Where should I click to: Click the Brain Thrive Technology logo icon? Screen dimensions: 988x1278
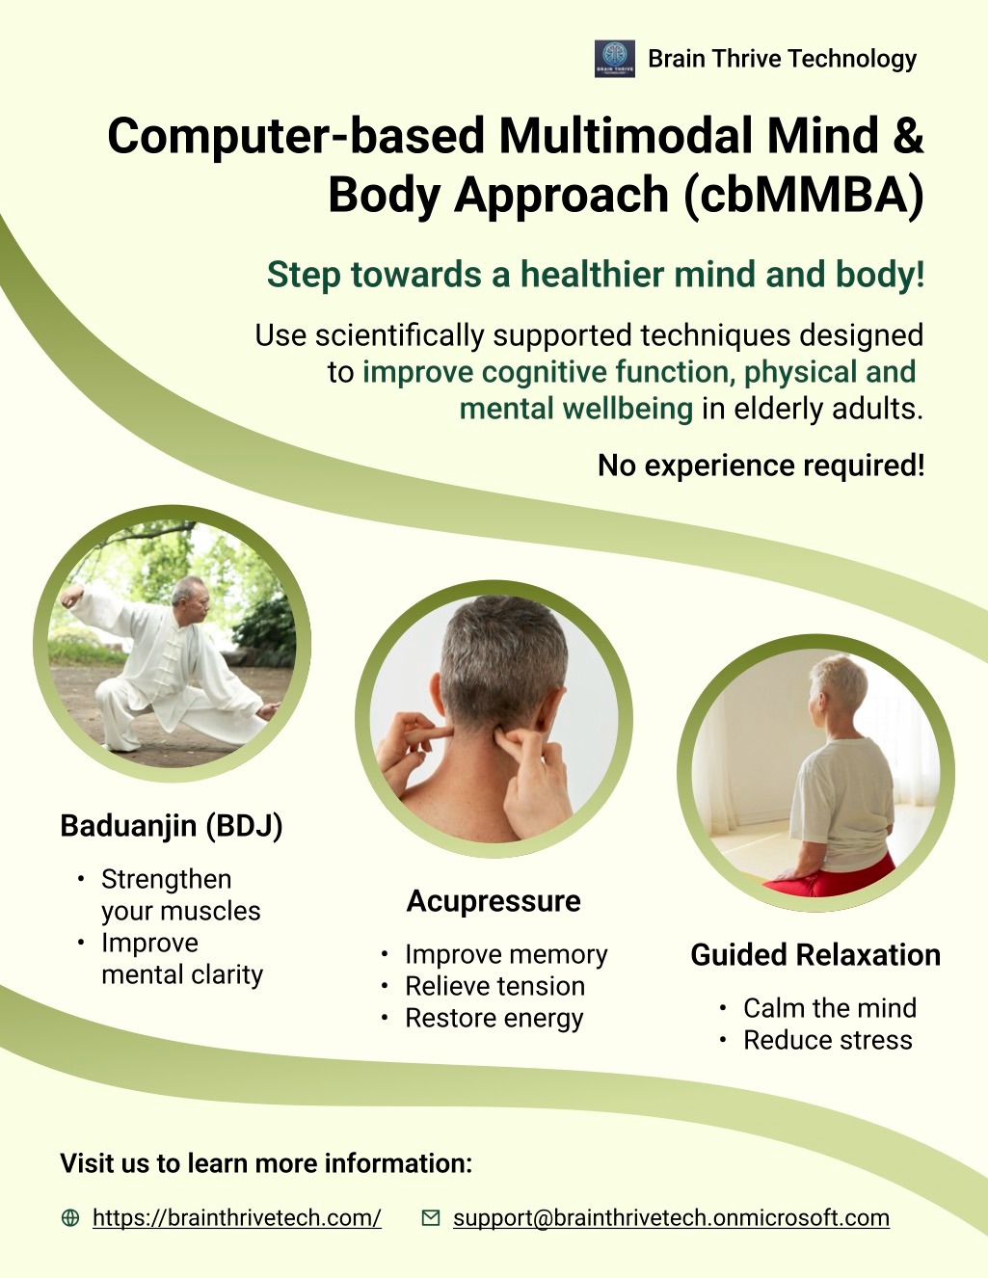[615, 59]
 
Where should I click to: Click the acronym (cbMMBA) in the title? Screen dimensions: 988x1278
[804, 195]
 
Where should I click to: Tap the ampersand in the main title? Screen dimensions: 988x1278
[907, 135]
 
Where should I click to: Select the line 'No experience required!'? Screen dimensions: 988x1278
[761, 466]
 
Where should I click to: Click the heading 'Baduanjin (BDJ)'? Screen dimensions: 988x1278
[172, 826]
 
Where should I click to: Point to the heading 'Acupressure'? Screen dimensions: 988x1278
[494, 901]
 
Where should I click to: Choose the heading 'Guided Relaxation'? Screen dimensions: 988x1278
[815, 954]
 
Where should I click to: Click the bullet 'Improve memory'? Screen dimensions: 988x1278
[506, 954]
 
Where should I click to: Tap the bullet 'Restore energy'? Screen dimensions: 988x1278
[494, 1018]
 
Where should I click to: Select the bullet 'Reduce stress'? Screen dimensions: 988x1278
[827, 1040]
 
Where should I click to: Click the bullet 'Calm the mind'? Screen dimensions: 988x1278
[830, 1007]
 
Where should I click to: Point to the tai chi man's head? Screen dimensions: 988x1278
[191, 599]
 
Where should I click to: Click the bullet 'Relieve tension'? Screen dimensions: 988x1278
[494, 986]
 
